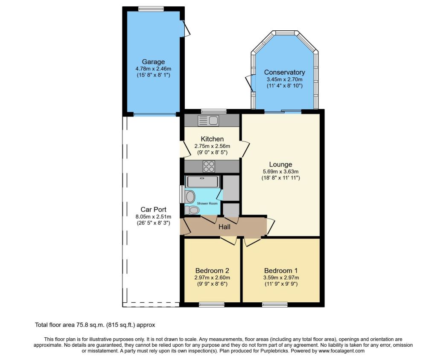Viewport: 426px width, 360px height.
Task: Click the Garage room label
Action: coord(153,62)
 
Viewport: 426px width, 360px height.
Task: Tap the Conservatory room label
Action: coord(284,72)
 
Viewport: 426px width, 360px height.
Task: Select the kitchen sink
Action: coord(208,120)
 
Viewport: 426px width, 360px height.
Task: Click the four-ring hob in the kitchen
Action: coord(209,167)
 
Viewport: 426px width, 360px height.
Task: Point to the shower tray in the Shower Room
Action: coord(203,181)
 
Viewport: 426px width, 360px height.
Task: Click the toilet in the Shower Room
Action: coord(192,210)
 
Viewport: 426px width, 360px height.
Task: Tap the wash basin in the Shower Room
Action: coord(190,196)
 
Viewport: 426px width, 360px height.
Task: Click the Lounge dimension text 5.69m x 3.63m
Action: coord(280,172)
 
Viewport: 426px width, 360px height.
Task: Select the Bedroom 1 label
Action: coord(281,271)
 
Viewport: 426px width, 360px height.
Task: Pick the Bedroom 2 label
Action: coord(212,271)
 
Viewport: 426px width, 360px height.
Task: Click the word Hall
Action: coord(225,227)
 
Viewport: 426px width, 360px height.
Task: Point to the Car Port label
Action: coord(154,210)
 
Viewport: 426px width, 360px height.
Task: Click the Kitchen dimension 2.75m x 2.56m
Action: coord(212,146)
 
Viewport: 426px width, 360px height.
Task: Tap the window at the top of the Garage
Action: coord(151,9)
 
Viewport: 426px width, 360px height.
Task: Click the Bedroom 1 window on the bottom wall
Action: coord(275,304)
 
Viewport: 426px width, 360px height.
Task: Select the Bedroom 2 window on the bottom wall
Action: coord(212,304)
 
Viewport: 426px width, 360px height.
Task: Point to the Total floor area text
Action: coord(95,325)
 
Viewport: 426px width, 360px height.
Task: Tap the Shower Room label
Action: coord(207,203)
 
